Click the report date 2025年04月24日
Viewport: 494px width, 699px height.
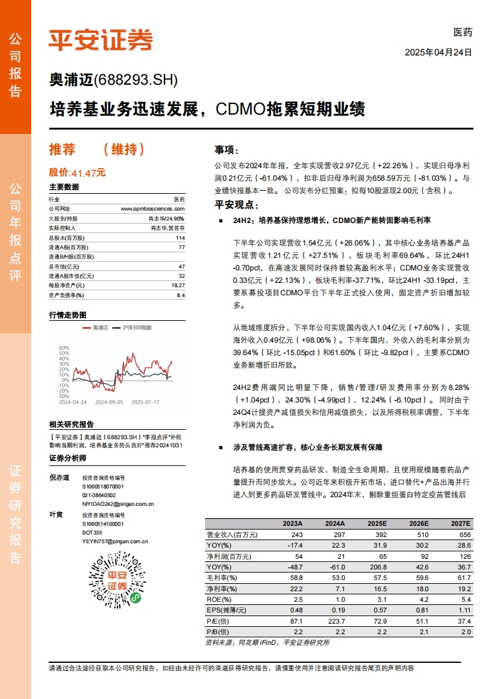click(439, 52)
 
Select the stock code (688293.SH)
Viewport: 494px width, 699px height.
click(135, 80)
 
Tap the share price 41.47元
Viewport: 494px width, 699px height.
click(88, 173)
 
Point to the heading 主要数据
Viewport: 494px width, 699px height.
click(64, 187)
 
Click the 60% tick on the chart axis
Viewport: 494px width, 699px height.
click(64, 348)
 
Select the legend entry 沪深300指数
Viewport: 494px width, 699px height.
click(136, 327)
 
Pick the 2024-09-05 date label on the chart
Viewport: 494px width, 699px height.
click(110, 402)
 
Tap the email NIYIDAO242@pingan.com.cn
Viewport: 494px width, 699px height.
click(118, 503)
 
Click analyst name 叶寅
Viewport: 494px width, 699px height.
click(56, 515)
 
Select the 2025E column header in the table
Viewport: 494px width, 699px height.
click(377, 524)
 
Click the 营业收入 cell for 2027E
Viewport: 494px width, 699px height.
click(463, 535)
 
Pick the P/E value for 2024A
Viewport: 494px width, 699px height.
click(335, 622)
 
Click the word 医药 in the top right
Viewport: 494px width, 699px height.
click(463, 32)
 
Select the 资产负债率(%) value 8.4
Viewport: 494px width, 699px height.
click(181, 295)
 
